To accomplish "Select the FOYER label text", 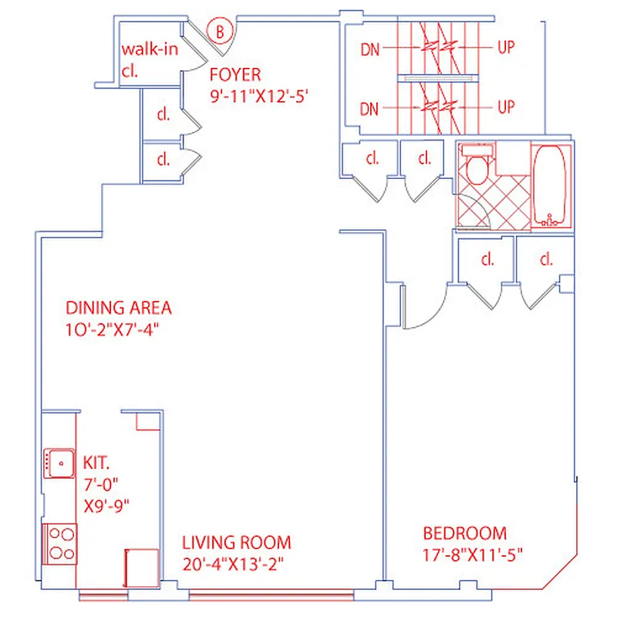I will click(236, 75).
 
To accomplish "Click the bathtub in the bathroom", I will click(550, 186).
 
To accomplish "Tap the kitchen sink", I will click(57, 463).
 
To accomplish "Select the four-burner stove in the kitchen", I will click(59, 543).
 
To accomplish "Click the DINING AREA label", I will click(118, 308).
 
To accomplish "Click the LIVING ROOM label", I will click(236, 541).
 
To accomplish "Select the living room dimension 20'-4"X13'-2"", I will click(234, 564).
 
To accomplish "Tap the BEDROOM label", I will click(464, 533).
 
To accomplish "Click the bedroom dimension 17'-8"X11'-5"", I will click(473, 555).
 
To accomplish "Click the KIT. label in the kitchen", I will click(97, 464).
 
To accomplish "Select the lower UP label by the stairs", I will click(505, 107).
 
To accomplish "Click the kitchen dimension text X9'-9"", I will click(106, 507).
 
